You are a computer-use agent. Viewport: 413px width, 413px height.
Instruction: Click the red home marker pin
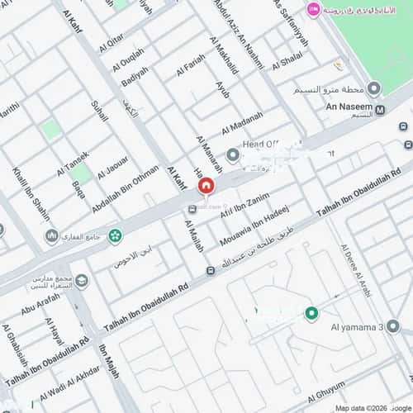[x=204, y=188]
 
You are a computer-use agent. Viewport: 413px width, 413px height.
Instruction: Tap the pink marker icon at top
[x=313, y=9]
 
